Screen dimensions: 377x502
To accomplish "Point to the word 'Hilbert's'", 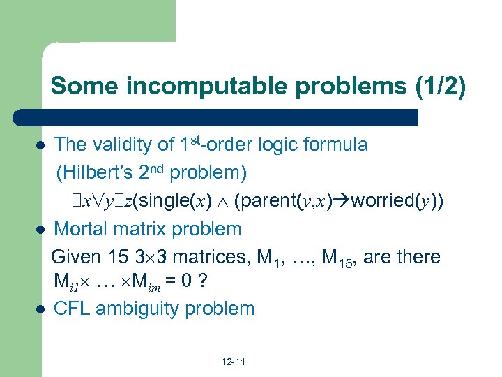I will pyautogui.click(x=97, y=172).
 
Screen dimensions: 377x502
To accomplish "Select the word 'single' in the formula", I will pyautogui.click(x=158, y=201).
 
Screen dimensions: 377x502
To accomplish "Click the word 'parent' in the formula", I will pyautogui.click(x=269, y=201).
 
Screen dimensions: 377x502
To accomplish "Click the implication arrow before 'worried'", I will pyautogui.click(x=342, y=201).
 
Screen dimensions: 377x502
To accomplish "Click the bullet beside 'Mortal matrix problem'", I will pyautogui.click(x=40, y=230).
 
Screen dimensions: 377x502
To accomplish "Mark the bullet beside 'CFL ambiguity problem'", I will pyautogui.click(x=40, y=308).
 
